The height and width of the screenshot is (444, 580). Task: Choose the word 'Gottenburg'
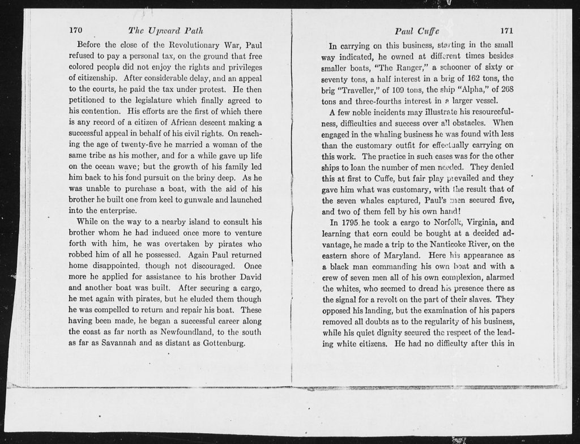(220, 343)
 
